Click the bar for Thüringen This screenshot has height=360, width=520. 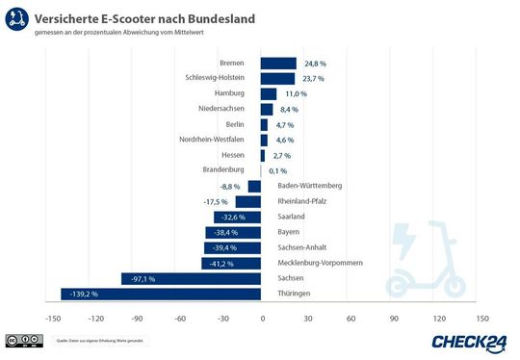(x=161, y=294)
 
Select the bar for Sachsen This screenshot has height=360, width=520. (x=191, y=278)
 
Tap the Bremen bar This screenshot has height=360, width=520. (x=278, y=63)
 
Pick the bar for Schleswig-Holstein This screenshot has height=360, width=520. (x=277, y=78)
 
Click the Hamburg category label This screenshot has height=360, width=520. (x=229, y=93)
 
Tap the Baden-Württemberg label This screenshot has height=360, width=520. (x=309, y=186)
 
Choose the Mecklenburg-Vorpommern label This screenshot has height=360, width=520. (x=320, y=263)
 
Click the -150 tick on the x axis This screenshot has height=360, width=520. (x=50, y=318)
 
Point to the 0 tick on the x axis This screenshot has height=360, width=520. (x=261, y=318)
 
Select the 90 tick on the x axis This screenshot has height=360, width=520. (x=394, y=318)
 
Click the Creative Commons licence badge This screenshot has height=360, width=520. (x=24, y=341)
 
